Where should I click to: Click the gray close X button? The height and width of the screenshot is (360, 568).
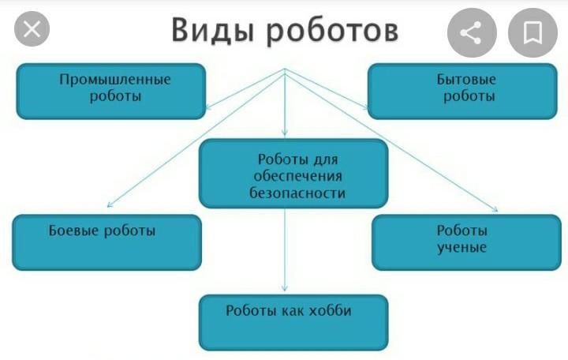pos(32,29)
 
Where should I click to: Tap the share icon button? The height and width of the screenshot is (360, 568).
pos(472,33)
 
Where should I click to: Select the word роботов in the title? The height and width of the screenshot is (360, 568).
pos(333,32)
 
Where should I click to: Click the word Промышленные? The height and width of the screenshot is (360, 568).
pos(115,80)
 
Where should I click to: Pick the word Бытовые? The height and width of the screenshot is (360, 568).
pos(466,80)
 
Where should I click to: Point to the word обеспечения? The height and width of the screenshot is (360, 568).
pos(297,177)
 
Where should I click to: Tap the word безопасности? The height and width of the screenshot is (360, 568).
pos(297,193)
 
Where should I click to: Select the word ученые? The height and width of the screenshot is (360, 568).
pos(461,248)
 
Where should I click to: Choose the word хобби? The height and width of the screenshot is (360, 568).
pos(331,311)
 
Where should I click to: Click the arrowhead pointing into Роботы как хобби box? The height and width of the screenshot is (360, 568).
pos(284,288)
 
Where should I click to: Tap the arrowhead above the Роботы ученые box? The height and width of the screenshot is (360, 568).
pos(495,209)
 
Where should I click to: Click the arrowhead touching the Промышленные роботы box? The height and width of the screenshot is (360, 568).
pos(208,107)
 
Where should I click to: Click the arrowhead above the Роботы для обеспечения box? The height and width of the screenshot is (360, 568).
pos(284,133)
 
